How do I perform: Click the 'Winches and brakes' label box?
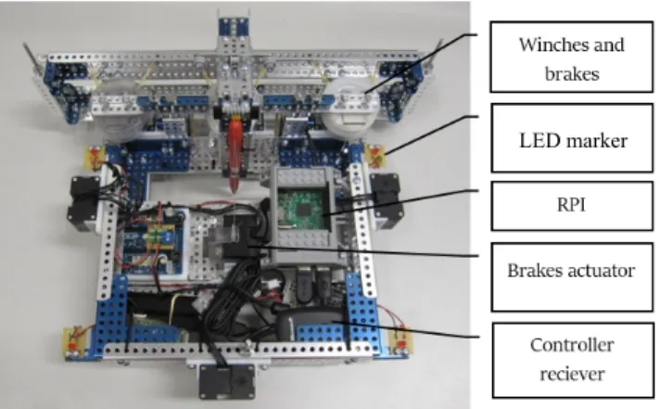click(x=572, y=57)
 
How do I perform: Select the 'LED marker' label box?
click(x=572, y=138)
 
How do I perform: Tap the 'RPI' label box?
click(x=572, y=206)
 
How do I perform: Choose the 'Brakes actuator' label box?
click(x=572, y=276)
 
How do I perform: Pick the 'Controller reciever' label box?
click(x=573, y=360)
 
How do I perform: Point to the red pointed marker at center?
click(x=235, y=152)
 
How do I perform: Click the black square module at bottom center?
click(x=227, y=381)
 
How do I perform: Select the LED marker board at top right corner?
click(x=374, y=156)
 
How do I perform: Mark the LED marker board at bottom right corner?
click(x=400, y=341)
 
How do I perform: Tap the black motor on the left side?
click(x=82, y=203)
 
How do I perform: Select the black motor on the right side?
click(x=387, y=201)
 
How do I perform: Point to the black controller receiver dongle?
click(x=310, y=325)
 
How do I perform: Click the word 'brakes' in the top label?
click(x=572, y=73)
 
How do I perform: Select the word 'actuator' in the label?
click(x=604, y=271)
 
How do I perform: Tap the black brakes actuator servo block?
click(x=241, y=236)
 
